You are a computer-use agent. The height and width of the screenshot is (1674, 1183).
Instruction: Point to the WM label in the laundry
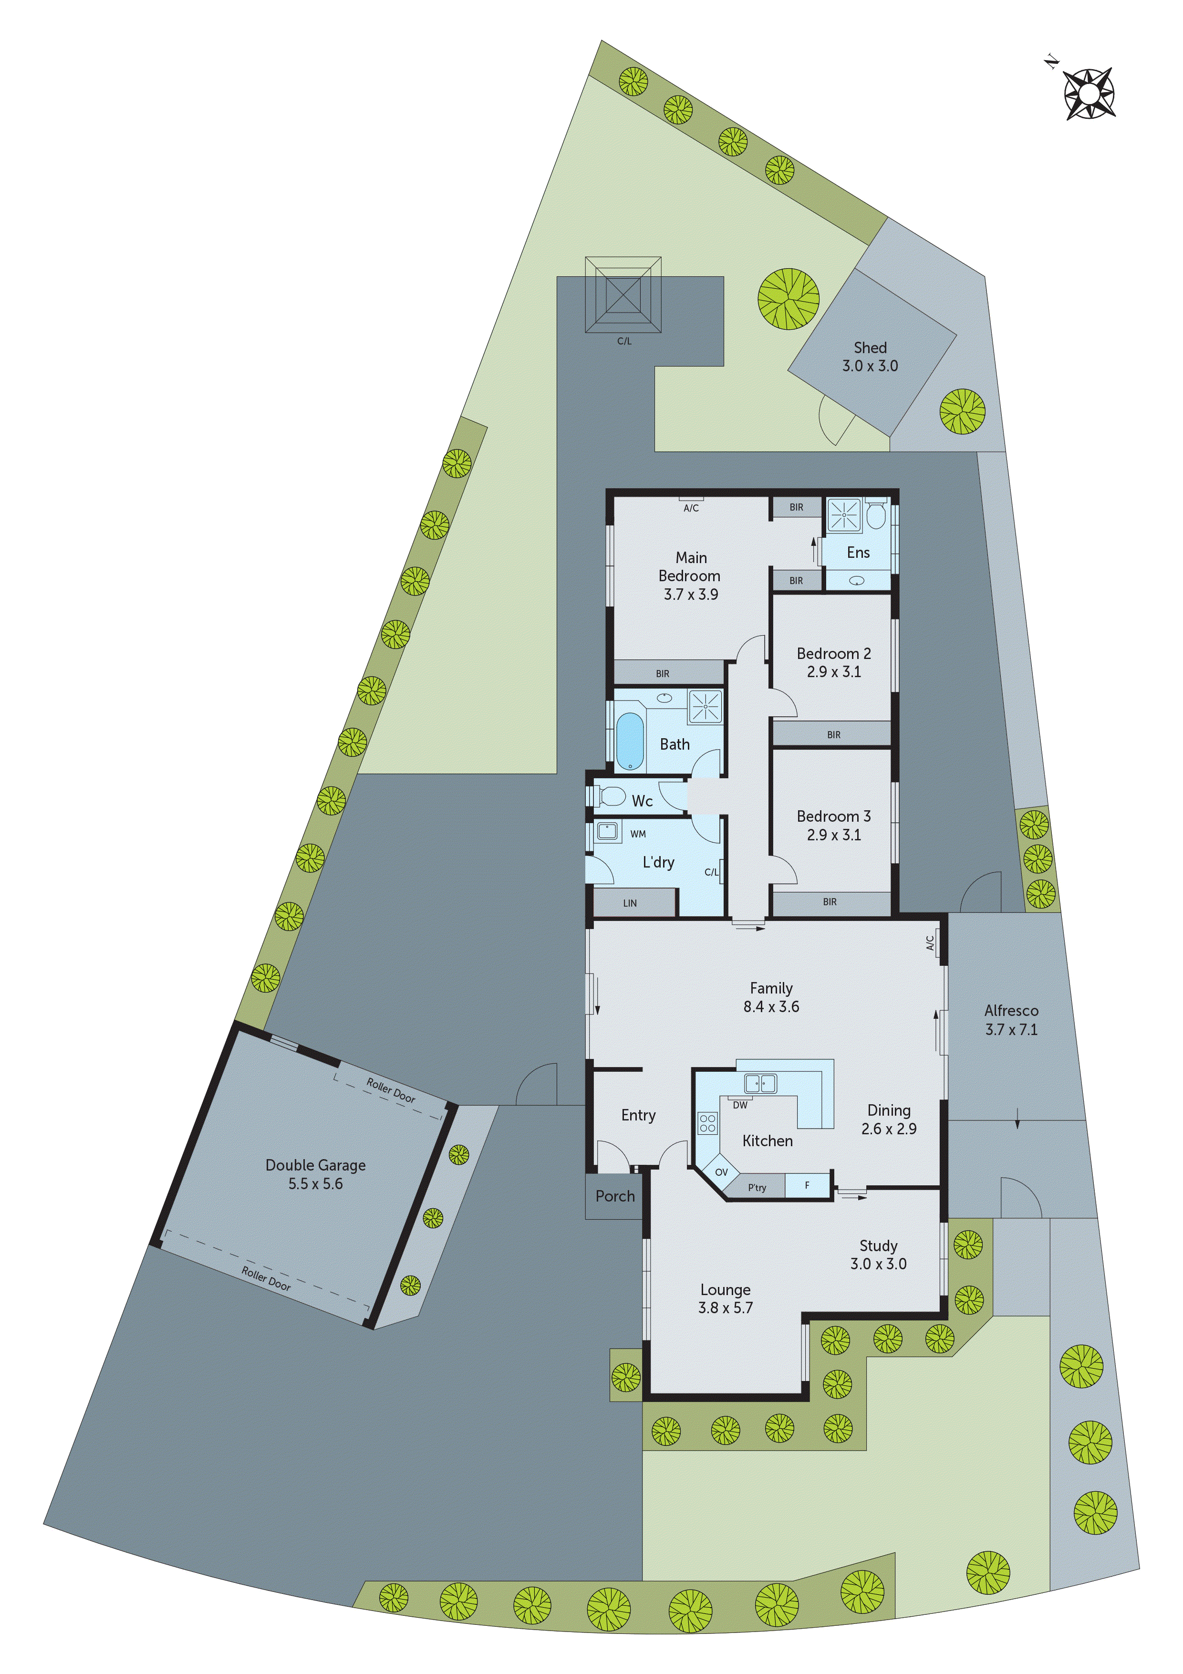coord(638,834)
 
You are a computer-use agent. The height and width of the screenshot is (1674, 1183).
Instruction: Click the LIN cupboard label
coord(630,903)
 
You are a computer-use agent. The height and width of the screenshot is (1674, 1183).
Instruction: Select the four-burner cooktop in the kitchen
coord(707,1123)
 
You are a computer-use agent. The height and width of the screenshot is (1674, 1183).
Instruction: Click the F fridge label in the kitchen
coord(807,1185)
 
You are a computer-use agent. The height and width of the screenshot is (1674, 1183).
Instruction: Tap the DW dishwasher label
coord(740,1105)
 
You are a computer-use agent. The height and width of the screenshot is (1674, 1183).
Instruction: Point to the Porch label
coord(615,1196)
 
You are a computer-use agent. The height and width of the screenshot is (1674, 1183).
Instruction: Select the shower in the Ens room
coord(844,515)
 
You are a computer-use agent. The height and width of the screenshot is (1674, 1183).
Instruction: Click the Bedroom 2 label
coord(833,653)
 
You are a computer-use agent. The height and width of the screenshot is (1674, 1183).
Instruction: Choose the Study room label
coord(878,1245)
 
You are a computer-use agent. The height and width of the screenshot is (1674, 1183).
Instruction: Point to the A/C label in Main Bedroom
coord(691,508)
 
